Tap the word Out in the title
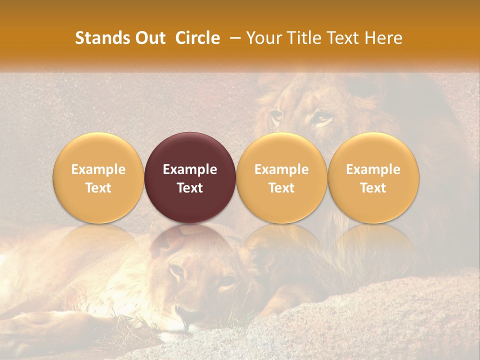pyautogui.click(x=148, y=38)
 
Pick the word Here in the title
pyautogui.click(x=383, y=38)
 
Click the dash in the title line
pyautogui.click(x=233, y=38)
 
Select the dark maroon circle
pyautogui.click(x=190, y=177)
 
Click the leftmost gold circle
pyautogui.click(x=98, y=177)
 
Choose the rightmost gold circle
pyautogui.click(x=373, y=177)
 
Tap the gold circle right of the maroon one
pyautogui.click(x=281, y=177)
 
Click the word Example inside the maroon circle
pyautogui.click(x=190, y=169)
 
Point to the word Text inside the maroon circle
pyautogui.click(x=190, y=188)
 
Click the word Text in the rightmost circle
pyautogui.click(x=373, y=188)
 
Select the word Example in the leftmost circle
pyautogui.click(x=98, y=169)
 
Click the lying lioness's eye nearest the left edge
pyautogui.click(x=176, y=271)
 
